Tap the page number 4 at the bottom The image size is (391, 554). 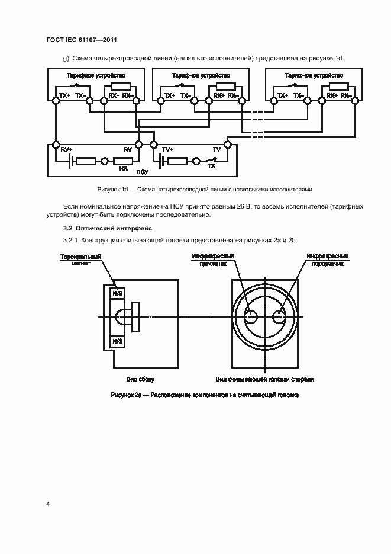pos(48,504)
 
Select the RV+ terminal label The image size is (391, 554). pos(66,150)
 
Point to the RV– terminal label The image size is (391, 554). pos(128,150)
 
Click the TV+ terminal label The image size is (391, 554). pos(167,150)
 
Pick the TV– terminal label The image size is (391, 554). pos(218,150)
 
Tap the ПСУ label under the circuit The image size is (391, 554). pos(142,172)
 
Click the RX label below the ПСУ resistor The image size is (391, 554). pos(123,168)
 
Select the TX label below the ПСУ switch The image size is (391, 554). pos(211,167)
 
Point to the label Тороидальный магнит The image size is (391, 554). pos(80,260)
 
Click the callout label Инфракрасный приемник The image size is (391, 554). pos(212,260)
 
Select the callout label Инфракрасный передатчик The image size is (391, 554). pos(327,260)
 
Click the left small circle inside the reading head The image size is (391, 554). pos(251,316)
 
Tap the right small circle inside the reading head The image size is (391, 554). pos(279,316)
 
